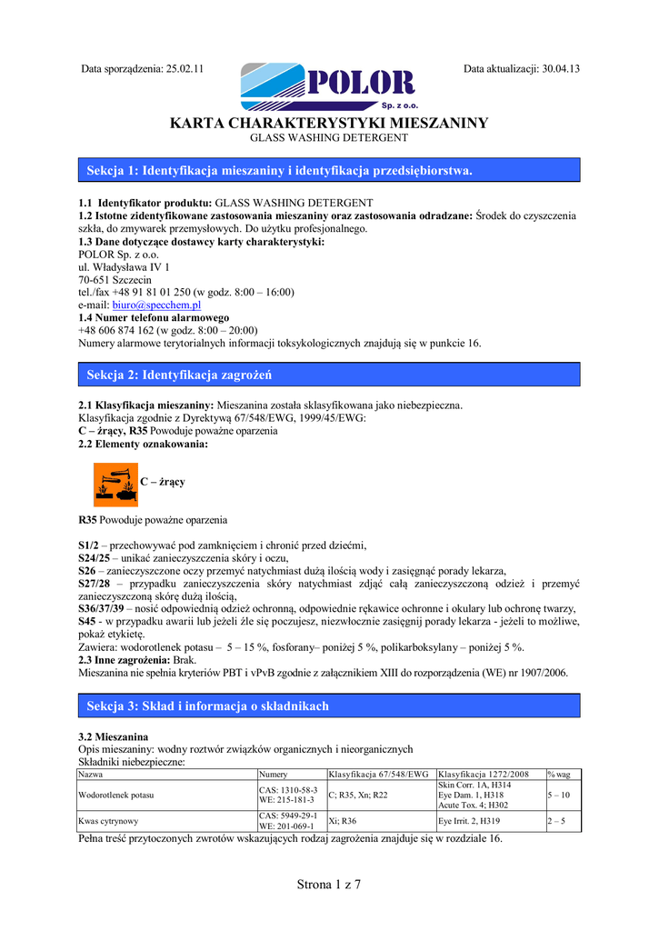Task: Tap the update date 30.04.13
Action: pyautogui.click(x=560, y=68)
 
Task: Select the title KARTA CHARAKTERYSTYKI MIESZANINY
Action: pyautogui.click(x=329, y=123)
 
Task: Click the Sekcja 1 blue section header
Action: pyautogui.click(x=329, y=170)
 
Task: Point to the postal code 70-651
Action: pyautogui.click(x=96, y=279)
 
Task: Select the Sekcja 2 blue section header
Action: pyautogui.click(x=329, y=375)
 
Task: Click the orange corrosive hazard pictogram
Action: pyautogui.click(x=115, y=484)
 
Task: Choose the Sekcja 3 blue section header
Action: pyautogui.click(x=329, y=706)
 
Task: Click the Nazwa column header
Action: pyautogui.click(x=91, y=774)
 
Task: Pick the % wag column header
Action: pyautogui.click(x=558, y=774)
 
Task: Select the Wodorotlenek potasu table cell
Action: pyautogui.click(x=116, y=795)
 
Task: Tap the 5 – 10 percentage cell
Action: pyautogui.click(x=557, y=795)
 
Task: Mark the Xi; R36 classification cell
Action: pyautogui.click(x=343, y=820)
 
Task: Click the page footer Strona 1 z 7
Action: pyautogui.click(x=329, y=885)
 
